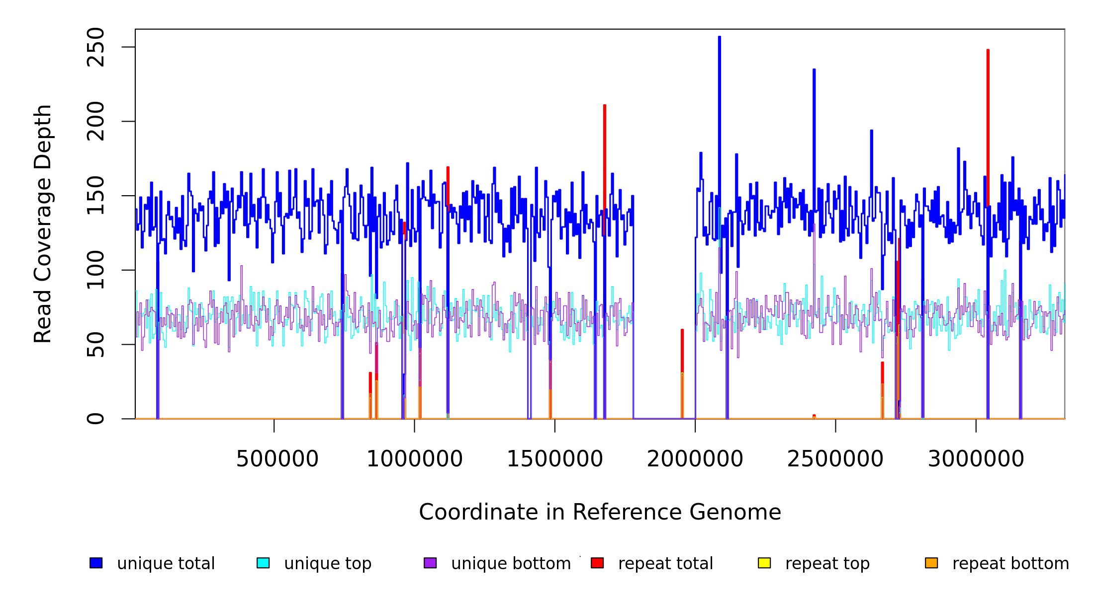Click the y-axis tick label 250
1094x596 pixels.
point(95,47)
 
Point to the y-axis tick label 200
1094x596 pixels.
point(95,121)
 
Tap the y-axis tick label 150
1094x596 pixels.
point(95,196)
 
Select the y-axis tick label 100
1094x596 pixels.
point(95,270)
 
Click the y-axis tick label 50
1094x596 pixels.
point(95,345)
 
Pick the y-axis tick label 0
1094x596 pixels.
point(95,419)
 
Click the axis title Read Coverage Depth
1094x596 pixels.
point(43,223)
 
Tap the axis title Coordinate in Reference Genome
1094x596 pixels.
point(600,513)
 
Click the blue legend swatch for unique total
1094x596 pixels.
point(96,563)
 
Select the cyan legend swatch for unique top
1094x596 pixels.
point(263,563)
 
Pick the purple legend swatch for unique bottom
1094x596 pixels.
point(430,563)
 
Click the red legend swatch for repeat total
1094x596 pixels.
point(597,563)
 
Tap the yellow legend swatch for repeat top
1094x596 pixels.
point(764,563)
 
